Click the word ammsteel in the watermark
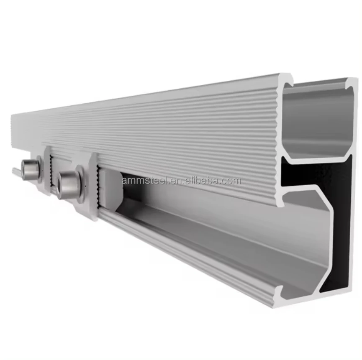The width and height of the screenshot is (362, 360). tap(145, 181)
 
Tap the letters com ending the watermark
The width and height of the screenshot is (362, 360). tap(232, 181)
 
